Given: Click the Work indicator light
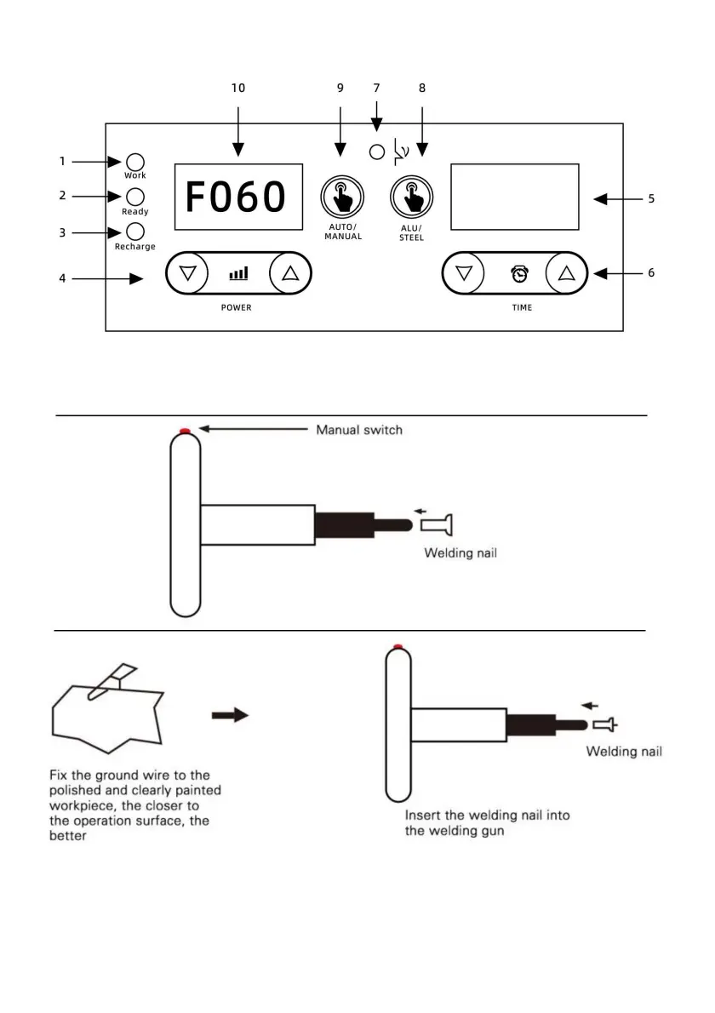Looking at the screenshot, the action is point(135,162).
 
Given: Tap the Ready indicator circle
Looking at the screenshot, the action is point(135,197).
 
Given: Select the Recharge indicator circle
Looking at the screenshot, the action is point(135,232).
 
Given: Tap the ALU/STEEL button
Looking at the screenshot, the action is point(411,197).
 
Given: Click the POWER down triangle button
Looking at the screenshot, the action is point(187,273).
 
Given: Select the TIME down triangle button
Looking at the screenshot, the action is point(463,273).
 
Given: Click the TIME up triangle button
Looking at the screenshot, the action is point(566,273).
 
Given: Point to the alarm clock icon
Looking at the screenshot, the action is point(519,274).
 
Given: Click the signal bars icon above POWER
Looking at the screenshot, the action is point(238,274).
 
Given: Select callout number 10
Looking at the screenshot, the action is point(238,88).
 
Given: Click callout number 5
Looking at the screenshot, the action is point(651,199).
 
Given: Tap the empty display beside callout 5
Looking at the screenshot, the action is point(515,197).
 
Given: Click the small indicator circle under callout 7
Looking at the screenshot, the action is point(376,152).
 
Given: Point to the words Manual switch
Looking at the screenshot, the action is point(359,430).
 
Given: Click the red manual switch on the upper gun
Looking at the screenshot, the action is point(186,430).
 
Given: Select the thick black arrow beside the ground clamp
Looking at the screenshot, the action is point(230,715).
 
